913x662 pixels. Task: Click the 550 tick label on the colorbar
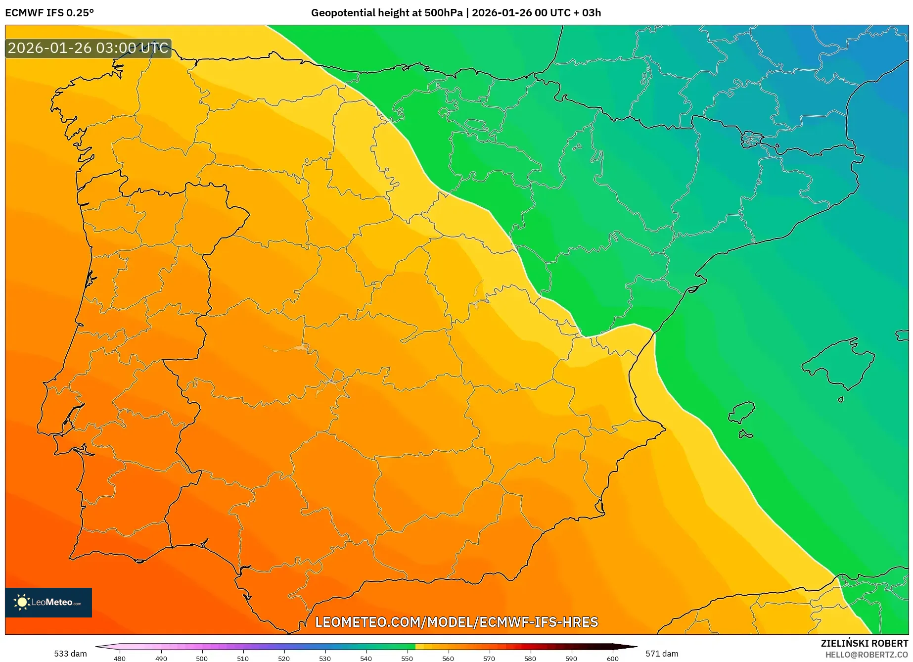tap(407, 659)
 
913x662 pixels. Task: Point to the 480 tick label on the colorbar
tap(119, 659)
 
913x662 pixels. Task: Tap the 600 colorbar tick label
tap(612, 659)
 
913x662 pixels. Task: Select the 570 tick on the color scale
tap(489, 659)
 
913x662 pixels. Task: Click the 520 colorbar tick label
tap(283, 659)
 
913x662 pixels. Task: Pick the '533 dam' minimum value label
tap(70, 654)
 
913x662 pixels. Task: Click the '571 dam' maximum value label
tap(662, 654)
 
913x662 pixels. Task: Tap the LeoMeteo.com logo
tap(48, 602)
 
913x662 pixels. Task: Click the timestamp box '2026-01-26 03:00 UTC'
tap(88, 48)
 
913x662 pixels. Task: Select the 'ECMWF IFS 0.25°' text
tap(49, 13)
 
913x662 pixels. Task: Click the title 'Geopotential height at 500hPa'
tap(386, 13)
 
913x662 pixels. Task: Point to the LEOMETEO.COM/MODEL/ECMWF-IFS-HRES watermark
tap(456, 622)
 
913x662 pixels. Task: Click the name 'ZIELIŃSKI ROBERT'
tap(864, 643)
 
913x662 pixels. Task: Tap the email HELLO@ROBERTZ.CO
tap(866, 655)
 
